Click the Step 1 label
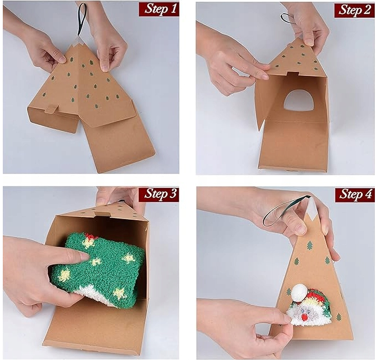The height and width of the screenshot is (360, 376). coord(159,9)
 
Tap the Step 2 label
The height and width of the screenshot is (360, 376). coord(354,10)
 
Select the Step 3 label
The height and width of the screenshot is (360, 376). coord(159,194)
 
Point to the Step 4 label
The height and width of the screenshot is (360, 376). coord(354,194)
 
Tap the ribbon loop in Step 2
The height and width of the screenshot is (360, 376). coord(287,19)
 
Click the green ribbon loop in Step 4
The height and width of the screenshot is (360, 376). coord(280,211)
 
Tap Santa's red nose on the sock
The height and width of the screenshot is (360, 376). coord(304,317)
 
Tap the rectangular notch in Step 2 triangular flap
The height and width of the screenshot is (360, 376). coord(293,74)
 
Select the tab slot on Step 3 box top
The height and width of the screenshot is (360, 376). coord(101,214)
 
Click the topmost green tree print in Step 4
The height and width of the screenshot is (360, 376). coord(310,245)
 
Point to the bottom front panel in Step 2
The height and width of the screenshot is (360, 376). coord(294,146)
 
